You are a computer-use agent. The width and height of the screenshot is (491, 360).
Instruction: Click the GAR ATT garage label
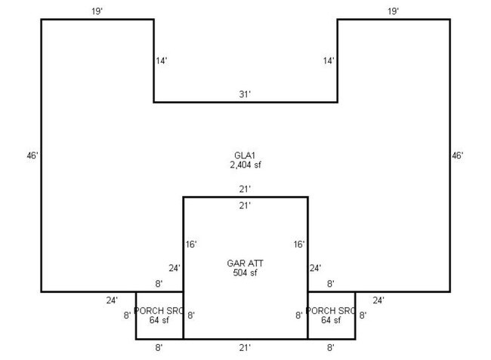click(x=245, y=263)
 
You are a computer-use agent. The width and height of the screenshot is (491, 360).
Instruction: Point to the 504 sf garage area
click(x=245, y=272)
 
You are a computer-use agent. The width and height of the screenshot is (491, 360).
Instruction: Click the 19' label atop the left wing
click(x=97, y=11)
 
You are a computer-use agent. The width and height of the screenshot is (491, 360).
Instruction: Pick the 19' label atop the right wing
click(x=393, y=11)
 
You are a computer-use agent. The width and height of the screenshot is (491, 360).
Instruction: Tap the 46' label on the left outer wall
click(x=31, y=155)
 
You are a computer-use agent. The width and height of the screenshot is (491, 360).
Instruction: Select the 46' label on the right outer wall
click(x=457, y=155)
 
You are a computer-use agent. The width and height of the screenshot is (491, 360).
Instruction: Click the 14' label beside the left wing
click(x=162, y=60)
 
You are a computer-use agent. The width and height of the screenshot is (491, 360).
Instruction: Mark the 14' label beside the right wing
click(x=329, y=60)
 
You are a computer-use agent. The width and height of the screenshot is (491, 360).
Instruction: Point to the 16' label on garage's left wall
click(x=191, y=245)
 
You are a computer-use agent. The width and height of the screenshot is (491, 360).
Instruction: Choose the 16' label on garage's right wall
click(x=299, y=245)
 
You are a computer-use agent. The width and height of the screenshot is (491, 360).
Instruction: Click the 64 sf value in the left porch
click(x=159, y=321)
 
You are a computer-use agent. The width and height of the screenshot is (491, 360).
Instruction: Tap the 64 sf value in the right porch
click(x=331, y=321)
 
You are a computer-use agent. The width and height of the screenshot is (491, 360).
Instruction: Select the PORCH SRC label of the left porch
click(x=159, y=311)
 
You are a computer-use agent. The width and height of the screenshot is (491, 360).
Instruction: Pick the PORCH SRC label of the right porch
click(x=331, y=311)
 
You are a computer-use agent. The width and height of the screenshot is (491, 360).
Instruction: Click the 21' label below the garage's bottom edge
click(x=245, y=348)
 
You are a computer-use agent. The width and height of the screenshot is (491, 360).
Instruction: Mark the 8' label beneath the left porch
click(x=159, y=348)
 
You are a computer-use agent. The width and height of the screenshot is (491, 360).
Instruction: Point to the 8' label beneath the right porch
click(x=331, y=348)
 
